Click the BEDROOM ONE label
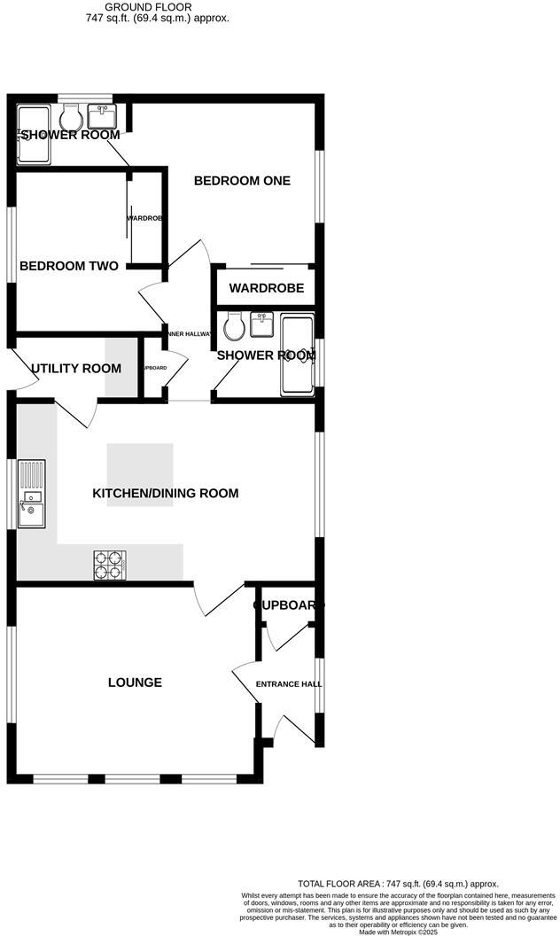(x=242, y=181)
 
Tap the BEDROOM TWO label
(x=69, y=266)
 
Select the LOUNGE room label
(x=135, y=682)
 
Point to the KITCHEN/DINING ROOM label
(x=166, y=493)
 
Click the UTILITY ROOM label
(x=76, y=369)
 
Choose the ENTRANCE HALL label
(x=289, y=684)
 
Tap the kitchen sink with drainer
(x=29, y=493)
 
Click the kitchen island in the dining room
(x=140, y=474)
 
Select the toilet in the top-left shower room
(x=69, y=116)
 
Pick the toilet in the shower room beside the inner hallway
(x=235, y=328)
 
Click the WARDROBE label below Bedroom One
(x=266, y=288)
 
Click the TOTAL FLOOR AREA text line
(x=398, y=884)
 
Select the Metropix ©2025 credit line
(x=398, y=932)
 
